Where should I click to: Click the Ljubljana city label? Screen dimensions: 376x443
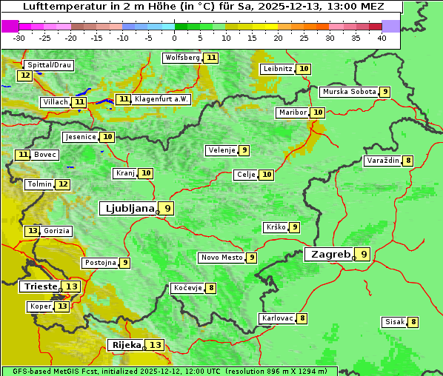(x=127, y=209)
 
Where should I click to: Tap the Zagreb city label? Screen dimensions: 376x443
(x=330, y=255)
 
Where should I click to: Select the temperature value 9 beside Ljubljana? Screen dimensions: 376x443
(x=168, y=209)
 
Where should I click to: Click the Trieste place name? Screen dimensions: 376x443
(x=40, y=286)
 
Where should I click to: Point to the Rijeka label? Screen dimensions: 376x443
(x=125, y=345)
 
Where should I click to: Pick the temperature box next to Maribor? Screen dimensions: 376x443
(x=318, y=113)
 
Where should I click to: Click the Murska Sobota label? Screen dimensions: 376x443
(x=348, y=92)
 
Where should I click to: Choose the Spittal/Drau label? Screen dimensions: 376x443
(x=49, y=65)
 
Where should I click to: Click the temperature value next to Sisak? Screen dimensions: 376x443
(x=413, y=322)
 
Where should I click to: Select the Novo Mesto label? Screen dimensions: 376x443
(x=221, y=258)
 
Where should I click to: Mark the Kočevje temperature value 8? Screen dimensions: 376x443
(x=211, y=288)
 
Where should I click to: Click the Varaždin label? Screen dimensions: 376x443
(x=383, y=161)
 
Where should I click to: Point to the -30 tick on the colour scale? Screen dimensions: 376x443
(x=19, y=38)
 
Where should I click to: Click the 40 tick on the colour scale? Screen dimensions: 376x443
(x=382, y=38)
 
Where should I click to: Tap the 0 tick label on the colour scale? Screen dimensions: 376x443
(x=175, y=38)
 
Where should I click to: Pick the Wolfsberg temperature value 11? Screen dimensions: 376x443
(x=212, y=58)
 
